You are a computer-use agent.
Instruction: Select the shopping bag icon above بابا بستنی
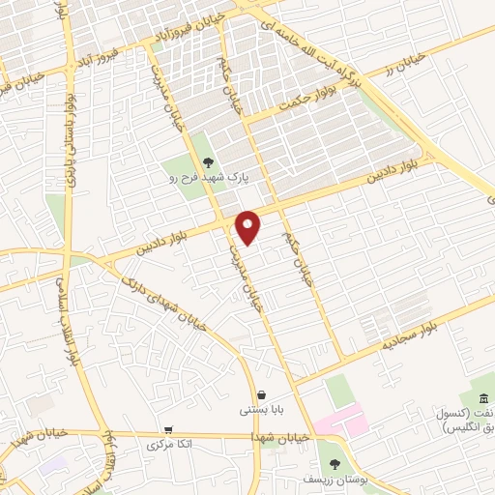(261, 394)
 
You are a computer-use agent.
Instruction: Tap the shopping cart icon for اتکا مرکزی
(169, 429)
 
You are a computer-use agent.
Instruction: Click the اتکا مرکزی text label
(166, 445)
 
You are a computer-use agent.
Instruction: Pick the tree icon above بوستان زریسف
(335, 464)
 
